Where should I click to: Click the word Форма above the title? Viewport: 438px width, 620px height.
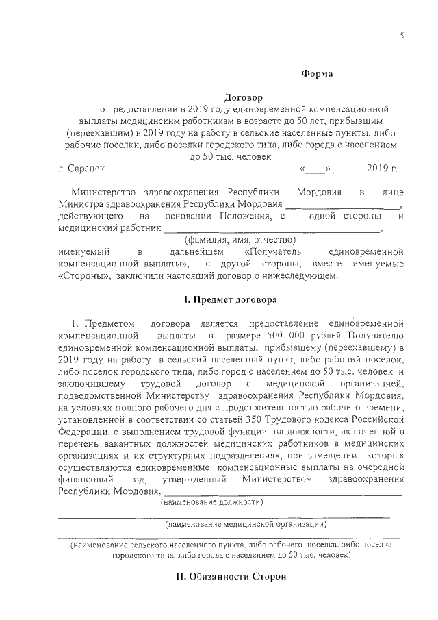pyautogui.click(x=317, y=73)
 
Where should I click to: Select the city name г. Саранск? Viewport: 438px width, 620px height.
pyautogui.click(x=82, y=168)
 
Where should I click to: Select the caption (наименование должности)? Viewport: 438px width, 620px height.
pyautogui.click(x=212, y=502)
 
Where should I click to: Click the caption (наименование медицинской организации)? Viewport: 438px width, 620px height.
pyautogui.click(x=247, y=524)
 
